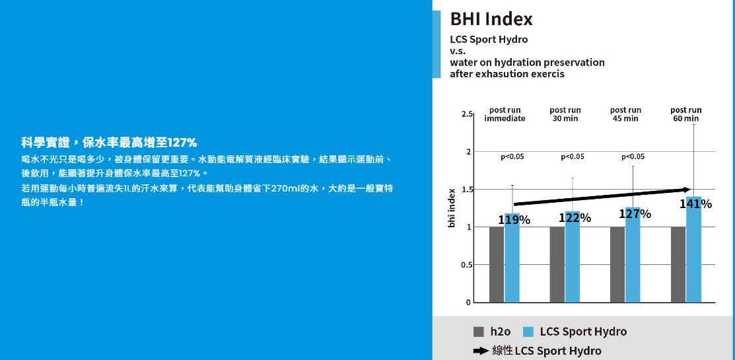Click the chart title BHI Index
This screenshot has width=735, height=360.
click(491, 19)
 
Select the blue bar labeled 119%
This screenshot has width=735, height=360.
click(512, 258)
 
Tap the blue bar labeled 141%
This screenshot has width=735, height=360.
click(694, 250)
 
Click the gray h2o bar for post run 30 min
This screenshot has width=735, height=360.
click(557, 264)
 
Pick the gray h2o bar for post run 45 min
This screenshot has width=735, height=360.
click(618, 264)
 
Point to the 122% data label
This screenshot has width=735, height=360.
click(575, 218)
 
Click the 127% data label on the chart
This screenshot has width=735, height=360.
click(635, 214)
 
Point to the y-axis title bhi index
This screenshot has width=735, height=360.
click(452, 208)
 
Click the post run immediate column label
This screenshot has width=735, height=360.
click(505, 114)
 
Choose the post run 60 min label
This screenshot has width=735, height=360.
click(685, 114)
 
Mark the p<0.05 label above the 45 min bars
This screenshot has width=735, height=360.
click(633, 157)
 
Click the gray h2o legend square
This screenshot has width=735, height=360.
click(479, 332)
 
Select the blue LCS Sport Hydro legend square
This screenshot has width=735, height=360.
click(528, 332)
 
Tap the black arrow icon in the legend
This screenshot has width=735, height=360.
click(481, 351)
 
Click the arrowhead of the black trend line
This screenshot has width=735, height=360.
click(687, 190)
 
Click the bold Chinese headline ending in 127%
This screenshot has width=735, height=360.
click(109, 142)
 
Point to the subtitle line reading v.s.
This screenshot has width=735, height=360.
click(458, 51)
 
